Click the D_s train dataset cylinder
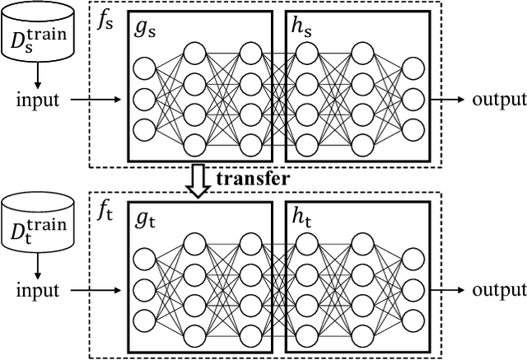[x=35, y=36]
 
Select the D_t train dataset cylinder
[x=35, y=225]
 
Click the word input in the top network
[x=39, y=101]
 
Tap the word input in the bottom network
[x=39, y=290]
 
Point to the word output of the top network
[x=499, y=101]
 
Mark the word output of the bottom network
[x=499, y=290]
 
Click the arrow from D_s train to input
[x=36, y=78]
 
